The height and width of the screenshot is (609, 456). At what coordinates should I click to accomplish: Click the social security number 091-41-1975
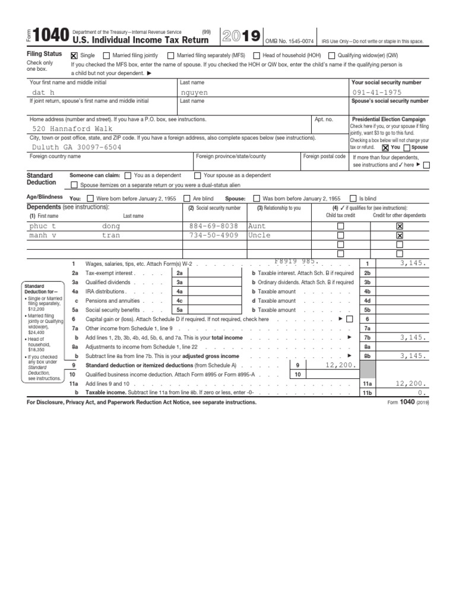[x=377, y=93]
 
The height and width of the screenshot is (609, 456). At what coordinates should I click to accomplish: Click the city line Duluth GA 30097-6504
[x=75, y=146]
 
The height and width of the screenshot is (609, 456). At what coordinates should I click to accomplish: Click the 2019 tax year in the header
[x=240, y=37]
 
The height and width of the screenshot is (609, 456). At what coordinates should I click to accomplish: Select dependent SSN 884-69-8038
[x=214, y=227]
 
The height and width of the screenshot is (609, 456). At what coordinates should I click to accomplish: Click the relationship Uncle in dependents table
[x=259, y=235]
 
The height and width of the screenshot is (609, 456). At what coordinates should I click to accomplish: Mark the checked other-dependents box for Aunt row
[x=399, y=227]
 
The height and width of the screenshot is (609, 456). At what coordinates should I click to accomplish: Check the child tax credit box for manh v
[x=340, y=236]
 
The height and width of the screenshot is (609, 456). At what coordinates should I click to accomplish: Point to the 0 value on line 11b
[x=422, y=393]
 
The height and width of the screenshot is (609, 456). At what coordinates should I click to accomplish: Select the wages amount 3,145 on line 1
[x=413, y=263]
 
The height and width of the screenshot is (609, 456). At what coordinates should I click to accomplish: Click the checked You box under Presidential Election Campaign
[x=386, y=147]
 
